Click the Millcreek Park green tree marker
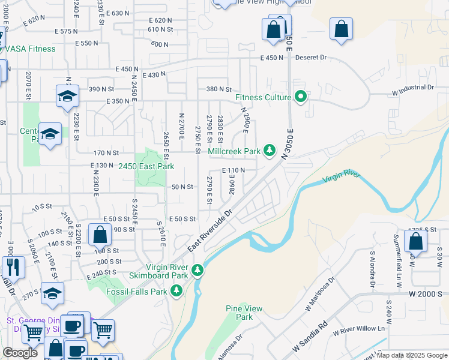pyautogui.click(x=270, y=150)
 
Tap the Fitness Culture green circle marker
pyautogui.click(x=301, y=97)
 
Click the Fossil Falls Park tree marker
pyautogui.click(x=176, y=292)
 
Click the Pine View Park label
pyautogui.click(x=244, y=313)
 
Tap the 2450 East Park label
pyautogui.click(x=146, y=166)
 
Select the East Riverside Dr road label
pyautogui.click(x=209, y=230)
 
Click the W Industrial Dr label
pyautogui.click(x=412, y=88)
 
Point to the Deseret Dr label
pyautogui.click(x=311, y=58)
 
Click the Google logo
pyautogui.click(x=20, y=353)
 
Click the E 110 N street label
pyautogui.click(x=234, y=170)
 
